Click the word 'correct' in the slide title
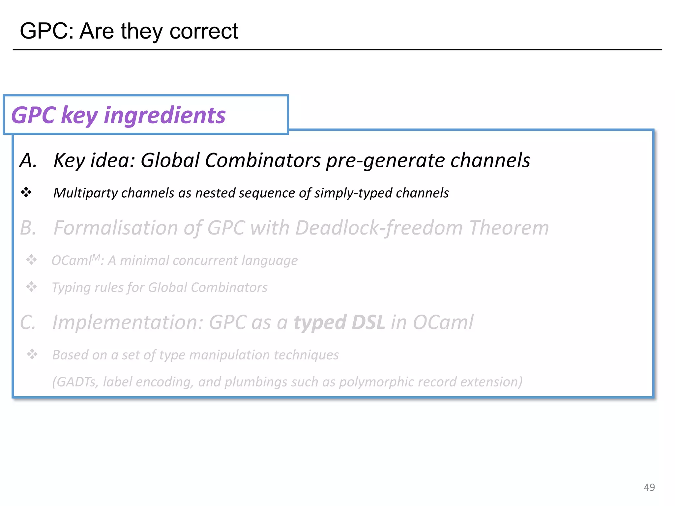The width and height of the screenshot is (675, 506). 203,31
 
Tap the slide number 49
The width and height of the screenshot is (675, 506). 649,487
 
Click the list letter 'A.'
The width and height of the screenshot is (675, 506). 28,161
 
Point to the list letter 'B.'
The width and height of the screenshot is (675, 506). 28,228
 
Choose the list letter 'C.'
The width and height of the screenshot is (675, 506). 28,322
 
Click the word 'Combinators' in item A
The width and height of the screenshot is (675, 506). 263,160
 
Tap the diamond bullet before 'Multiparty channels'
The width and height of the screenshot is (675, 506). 26,192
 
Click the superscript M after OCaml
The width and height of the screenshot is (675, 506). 96,257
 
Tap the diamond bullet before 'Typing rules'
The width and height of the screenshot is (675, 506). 32,287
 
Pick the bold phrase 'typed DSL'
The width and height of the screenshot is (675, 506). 339,322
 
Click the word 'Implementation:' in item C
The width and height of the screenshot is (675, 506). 128,322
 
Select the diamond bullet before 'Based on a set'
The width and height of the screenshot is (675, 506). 32,354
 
